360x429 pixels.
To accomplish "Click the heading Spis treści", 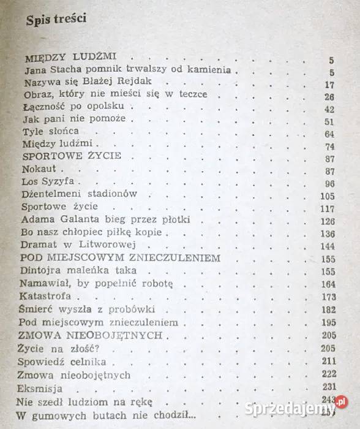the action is [x=56, y=19].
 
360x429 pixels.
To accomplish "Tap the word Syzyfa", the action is [x=60, y=183].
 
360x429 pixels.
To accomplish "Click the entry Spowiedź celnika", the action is [x=63, y=361].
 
